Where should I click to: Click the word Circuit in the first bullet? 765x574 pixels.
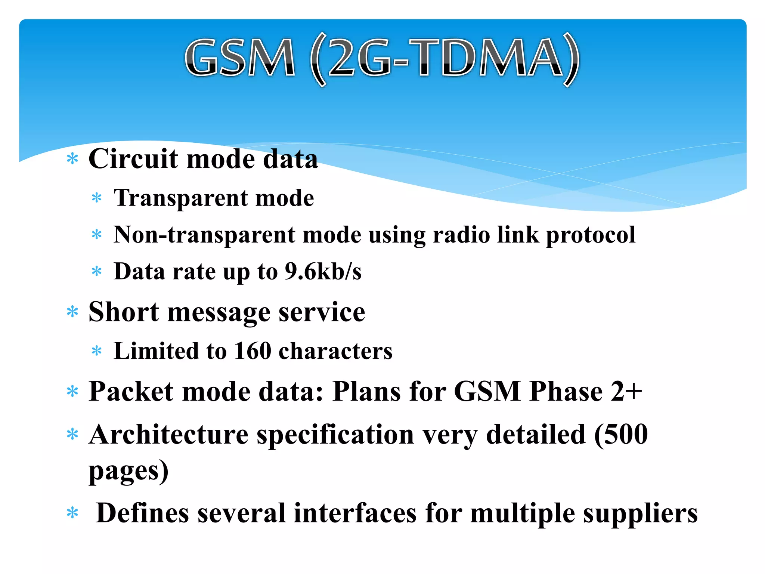pyautogui.click(x=133, y=159)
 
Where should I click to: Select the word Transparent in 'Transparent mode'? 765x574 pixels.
pyautogui.click(x=181, y=198)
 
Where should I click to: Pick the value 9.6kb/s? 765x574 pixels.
pyautogui.click(x=323, y=271)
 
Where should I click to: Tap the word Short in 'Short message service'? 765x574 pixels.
pyautogui.click(x=124, y=312)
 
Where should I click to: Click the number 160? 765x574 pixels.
pyautogui.click(x=253, y=351)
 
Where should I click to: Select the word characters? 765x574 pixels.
pyautogui.click(x=335, y=351)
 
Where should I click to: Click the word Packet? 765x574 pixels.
pyautogui.click(x=131, y=392)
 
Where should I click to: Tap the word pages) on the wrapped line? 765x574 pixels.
pyautogui.click(x=128, y=471)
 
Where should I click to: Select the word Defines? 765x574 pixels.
pyautogui.click(x=142, y=513)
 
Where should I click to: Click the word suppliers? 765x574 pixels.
pyautogui.click(x=640, y=513)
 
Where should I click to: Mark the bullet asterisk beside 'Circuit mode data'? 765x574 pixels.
pyautogui.click(x=72, y=159)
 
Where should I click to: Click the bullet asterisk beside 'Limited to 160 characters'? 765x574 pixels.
pyautogui.click(x=97, y=351)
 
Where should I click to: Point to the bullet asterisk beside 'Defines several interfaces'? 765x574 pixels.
pyautogui.click(x=72, y=513)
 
